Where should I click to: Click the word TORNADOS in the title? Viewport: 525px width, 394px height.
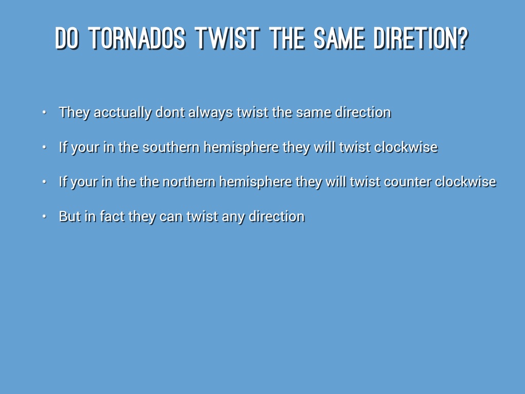click(x=137, y=38)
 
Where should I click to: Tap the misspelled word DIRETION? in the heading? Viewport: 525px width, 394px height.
click(x=421, y=38)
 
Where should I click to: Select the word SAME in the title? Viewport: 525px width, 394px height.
click(x=339, y=38)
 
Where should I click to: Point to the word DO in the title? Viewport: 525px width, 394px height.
click(x=67, y=38)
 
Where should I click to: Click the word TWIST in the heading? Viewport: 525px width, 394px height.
click(x=227, y=38)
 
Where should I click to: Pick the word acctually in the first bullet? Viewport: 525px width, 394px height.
click(x=123, y=112)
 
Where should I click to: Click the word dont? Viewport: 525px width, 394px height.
click(x=170, y=112)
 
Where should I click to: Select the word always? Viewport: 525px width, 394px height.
click(x=211, y=112)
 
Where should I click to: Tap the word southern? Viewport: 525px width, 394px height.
click(x=171, y=147)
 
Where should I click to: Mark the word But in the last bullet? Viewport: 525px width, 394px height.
click(x=70, y=216)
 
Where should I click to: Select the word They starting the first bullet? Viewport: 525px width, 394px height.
click(x=74, y=112)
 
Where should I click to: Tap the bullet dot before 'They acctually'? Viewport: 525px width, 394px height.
click(x=44, y=112)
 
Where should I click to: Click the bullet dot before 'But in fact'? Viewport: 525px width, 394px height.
click(x=44, y=217)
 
